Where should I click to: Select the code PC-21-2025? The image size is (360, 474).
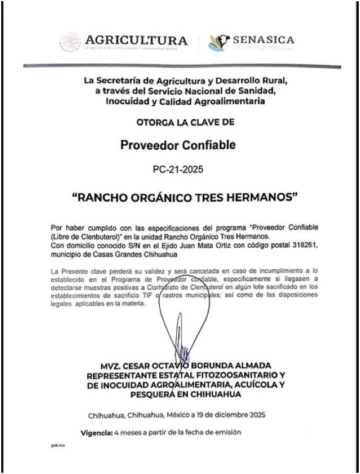pos(179,170)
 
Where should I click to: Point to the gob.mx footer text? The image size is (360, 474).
pos(57,446)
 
